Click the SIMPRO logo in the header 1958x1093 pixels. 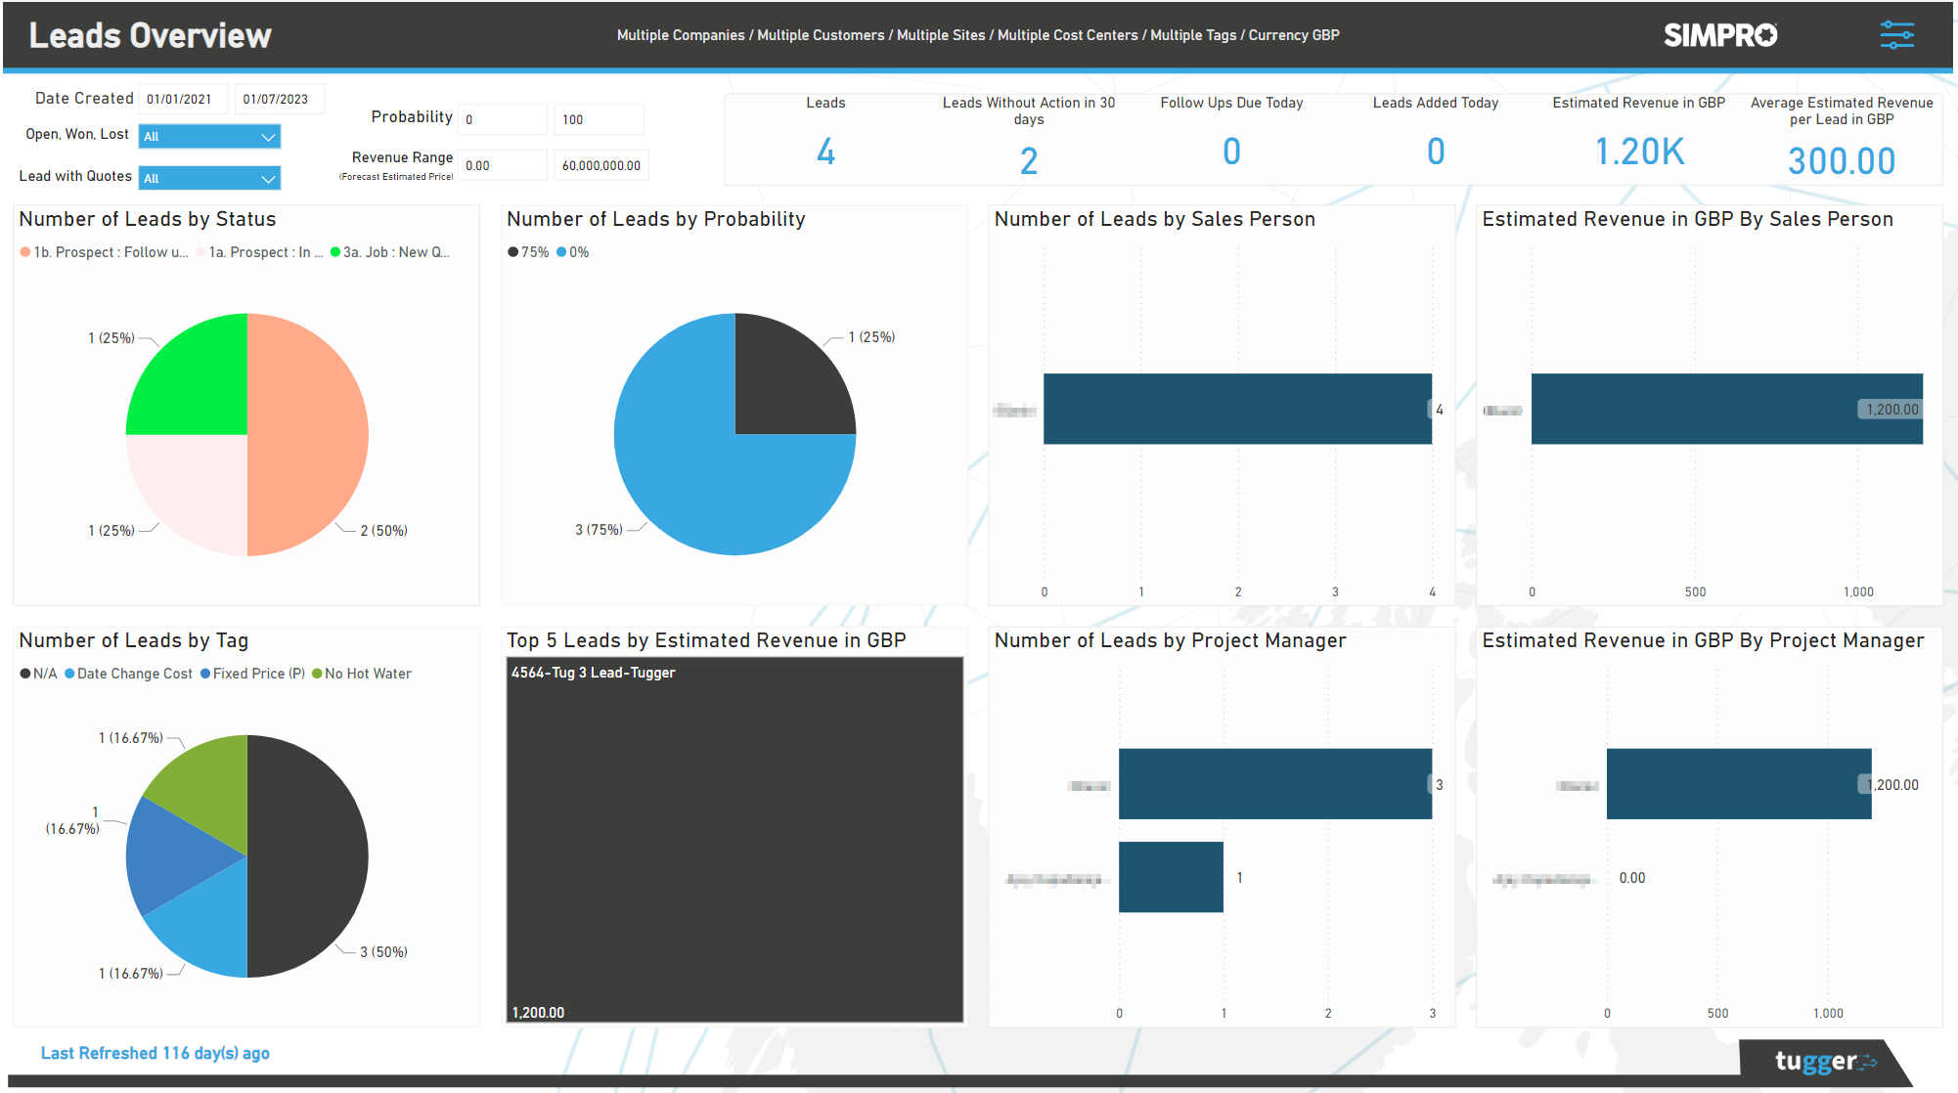pos(1720,35)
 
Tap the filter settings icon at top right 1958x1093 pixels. pos(1896,35)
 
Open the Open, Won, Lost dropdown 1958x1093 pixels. pos(209,136)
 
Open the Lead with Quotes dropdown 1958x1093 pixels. pos(209,178)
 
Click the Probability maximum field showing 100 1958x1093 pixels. pos(598,119)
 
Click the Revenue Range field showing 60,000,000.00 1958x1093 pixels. pos(601,165)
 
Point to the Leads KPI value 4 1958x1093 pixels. pos(825,152)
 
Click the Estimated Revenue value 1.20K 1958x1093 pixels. pos(1639,152)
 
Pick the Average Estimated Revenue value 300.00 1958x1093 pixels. pos(1841,160)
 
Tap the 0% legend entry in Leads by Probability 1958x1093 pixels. pos(573,252)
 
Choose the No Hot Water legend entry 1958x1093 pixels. pos(362,674)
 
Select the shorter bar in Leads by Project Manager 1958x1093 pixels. pos(1171,877)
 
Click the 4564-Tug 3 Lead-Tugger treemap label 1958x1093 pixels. pos(593,673)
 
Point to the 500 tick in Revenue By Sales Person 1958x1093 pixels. pos(1695,591)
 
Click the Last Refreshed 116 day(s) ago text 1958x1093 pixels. pos(155,1053)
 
